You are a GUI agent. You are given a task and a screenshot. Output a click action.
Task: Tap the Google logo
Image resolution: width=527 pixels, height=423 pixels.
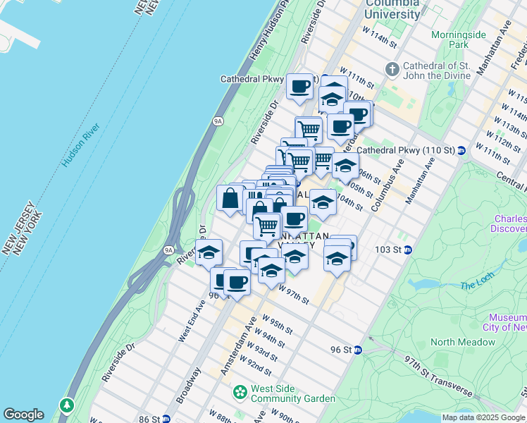click(x=23, y=415)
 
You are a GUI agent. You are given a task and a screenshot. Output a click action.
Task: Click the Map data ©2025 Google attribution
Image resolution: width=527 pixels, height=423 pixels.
click(x=483, y=417)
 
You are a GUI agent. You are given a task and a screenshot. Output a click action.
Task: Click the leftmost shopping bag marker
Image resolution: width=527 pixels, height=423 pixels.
click(x=230, y=198)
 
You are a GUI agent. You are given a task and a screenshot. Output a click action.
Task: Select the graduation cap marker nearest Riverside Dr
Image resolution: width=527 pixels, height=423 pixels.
click(x=209, y=252)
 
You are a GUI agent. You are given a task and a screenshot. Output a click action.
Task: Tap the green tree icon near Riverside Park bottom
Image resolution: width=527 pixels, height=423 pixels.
click(x=67, y=405)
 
